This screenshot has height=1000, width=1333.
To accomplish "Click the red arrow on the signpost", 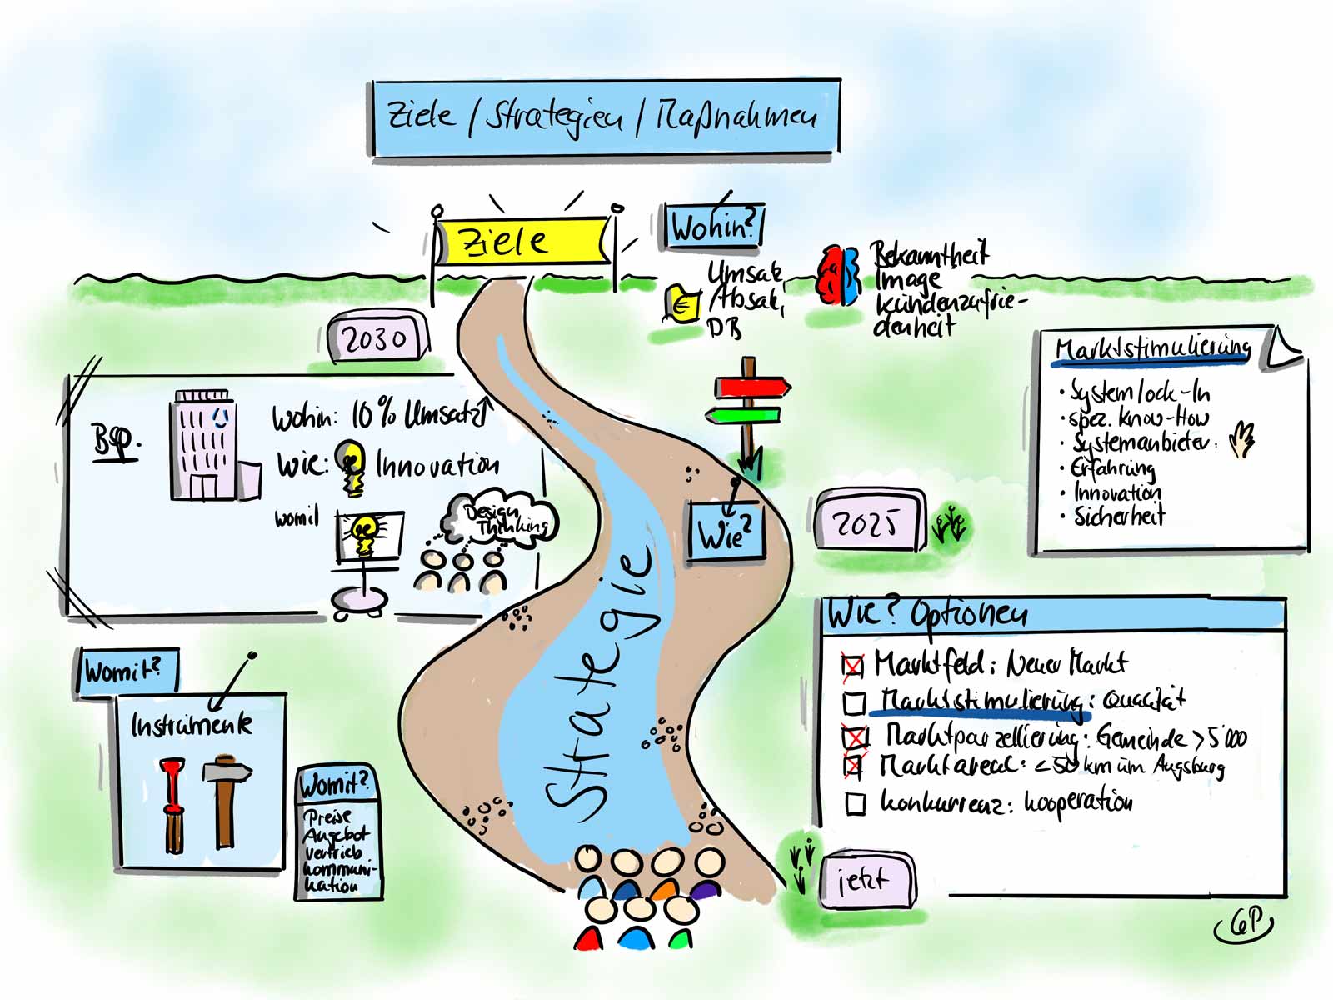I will click(x=751, y=387).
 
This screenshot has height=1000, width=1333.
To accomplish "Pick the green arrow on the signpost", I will click(x=743, y=415).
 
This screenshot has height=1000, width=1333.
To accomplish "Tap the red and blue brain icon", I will click(x=838, y=274).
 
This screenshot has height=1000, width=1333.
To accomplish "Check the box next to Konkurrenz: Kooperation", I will click(x=856, y=804).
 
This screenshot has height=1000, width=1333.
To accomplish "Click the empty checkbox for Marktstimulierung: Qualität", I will click(x=855, y=703).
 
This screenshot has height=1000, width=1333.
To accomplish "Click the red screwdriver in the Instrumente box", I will click(x=173, y=804).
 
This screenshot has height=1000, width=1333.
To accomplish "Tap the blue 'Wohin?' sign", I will click(x=713, y=227).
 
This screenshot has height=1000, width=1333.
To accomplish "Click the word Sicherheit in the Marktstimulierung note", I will click(x=1119, y=517).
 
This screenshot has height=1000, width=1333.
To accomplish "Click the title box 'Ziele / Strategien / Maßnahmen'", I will click(x=604, y=117).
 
